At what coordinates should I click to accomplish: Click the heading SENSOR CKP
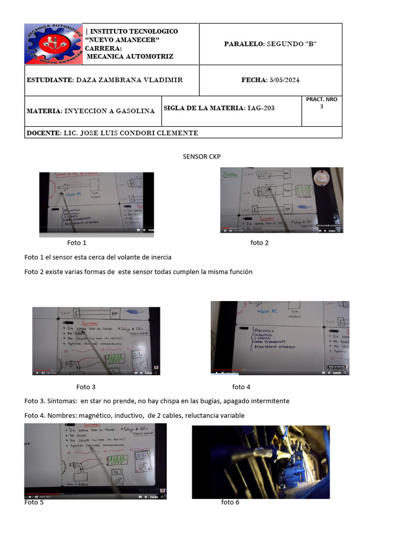201,156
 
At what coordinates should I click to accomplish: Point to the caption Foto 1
77,243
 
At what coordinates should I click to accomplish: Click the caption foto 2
259,243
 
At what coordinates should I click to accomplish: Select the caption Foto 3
86,387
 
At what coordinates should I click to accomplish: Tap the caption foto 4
241,387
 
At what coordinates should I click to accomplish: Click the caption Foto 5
34,502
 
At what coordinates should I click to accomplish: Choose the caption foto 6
230,502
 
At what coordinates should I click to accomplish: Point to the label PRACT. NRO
321,99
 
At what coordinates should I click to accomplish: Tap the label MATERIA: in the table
44,111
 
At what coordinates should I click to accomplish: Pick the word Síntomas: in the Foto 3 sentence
62,401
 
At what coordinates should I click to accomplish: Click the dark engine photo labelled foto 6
260,462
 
